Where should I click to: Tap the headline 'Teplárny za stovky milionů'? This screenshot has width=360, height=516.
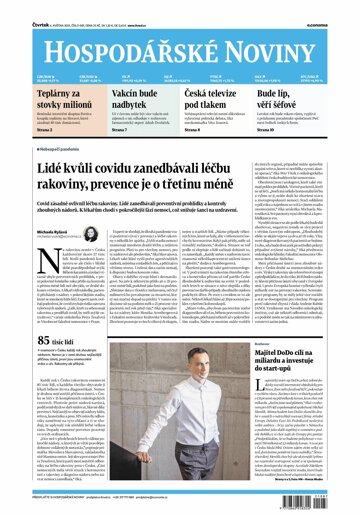[39, 100]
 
